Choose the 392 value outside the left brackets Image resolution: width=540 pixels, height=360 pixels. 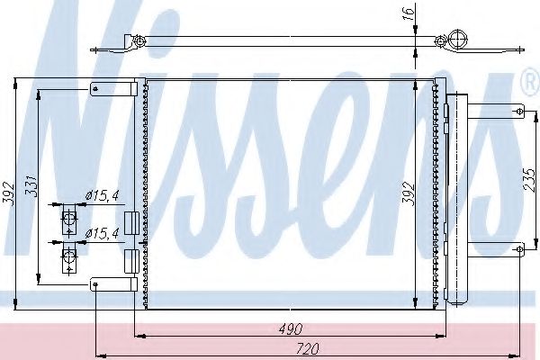tap(8, 193)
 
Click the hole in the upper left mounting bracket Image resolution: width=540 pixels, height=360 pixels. tap(96, 88)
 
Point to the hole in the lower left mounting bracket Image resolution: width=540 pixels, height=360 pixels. tap(95, 285)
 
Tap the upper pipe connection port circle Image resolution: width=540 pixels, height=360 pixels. tap(68, 217)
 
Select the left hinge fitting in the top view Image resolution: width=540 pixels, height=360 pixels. tap(139, 41)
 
